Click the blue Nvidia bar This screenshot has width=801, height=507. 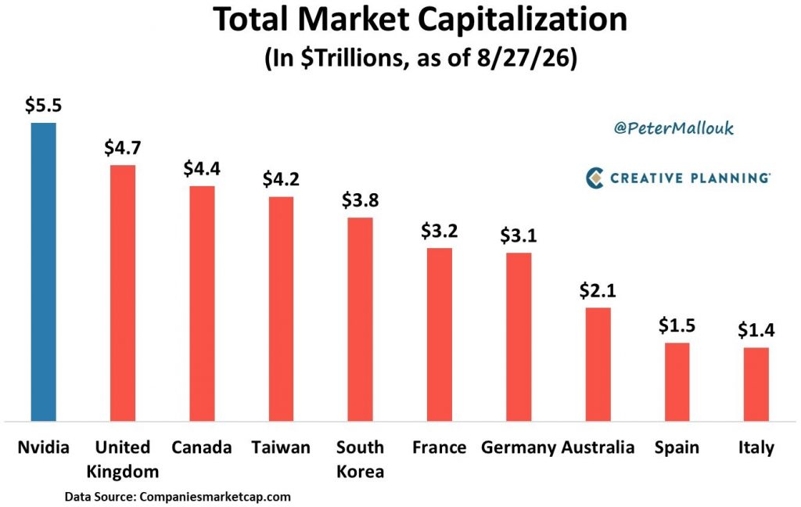(44, 272)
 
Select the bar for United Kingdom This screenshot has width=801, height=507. (123, 293)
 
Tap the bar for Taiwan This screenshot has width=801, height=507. (281, 309)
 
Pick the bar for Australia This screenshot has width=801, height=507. (598, 365)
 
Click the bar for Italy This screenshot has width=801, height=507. (756, 384)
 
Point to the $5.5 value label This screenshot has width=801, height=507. (44, 105)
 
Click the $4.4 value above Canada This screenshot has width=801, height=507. (202, 168)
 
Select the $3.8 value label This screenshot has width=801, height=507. (360, 200)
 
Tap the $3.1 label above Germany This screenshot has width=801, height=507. (519, 235)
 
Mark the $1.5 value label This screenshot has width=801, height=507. (677, 325)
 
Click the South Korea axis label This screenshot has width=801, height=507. (360, 459)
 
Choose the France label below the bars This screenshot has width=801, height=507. (440, 448)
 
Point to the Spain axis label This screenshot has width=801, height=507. (677, 448)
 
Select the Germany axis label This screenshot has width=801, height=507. (519, 448)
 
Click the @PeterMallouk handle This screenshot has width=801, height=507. (673, 128)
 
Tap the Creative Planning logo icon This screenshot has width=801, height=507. (594, 178)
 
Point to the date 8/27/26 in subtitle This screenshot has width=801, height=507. (522, 58)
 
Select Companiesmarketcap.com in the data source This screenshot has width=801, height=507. (215, 496)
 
